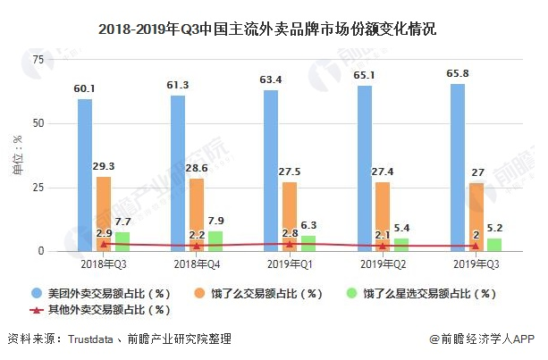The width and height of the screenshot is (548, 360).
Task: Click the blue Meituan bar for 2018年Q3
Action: pyautogui.click(x=85, y=174)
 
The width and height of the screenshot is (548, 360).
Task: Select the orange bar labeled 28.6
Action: pyautogui.click(x=197, y=210)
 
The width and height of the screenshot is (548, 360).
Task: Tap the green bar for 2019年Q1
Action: pyautogui.click(x=308, y=243)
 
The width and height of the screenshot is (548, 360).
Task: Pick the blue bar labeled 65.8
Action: pyautogui.click(x=458, y=167)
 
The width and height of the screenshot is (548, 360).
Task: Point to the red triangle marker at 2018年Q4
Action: pyautogui.click(x=197, y=246)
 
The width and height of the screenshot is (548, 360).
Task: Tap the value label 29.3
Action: pyautogui.click(x=104, y=166)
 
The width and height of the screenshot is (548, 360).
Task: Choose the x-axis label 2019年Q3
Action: pyautogui.click(x=476, y=265)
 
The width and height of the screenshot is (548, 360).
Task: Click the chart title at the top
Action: pyautogui.click(x=274, y=28)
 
